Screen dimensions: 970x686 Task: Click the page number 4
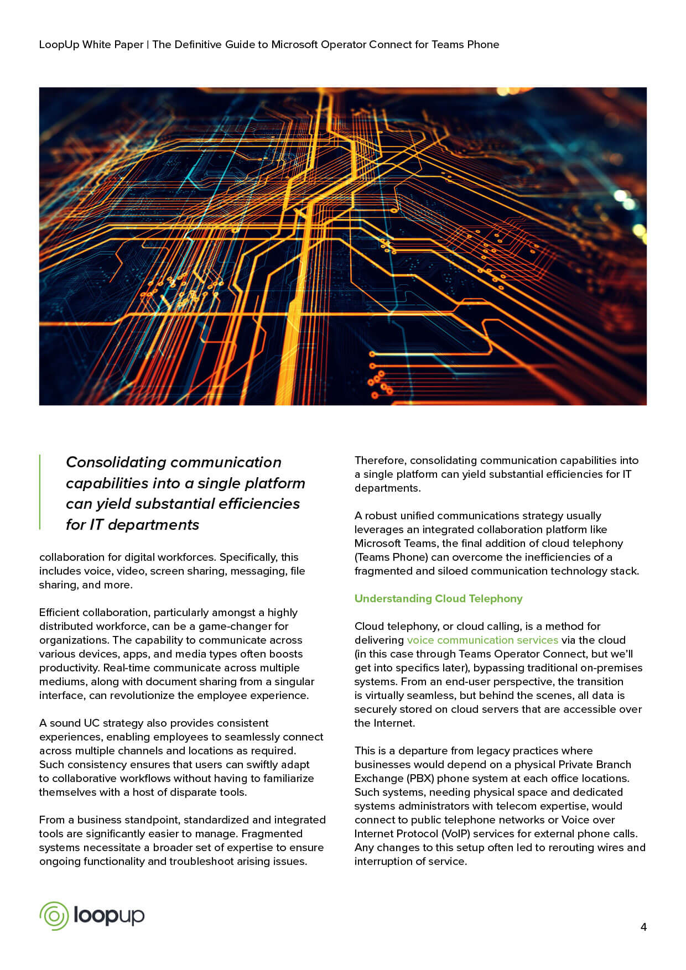tap(643, 927)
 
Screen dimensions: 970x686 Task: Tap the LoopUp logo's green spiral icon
tap(54, 916)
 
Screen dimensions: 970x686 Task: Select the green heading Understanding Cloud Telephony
tap(438, 598)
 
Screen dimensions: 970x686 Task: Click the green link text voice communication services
tap(482, 640)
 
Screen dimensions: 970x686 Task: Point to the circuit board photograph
tap(342, 246)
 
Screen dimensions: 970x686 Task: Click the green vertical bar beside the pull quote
tap(40, 492)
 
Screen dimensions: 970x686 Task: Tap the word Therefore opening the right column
tap(380, 460)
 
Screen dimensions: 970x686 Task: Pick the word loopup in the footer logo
tap(109, 916)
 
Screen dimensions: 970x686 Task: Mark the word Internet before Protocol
tap(373, 833)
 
